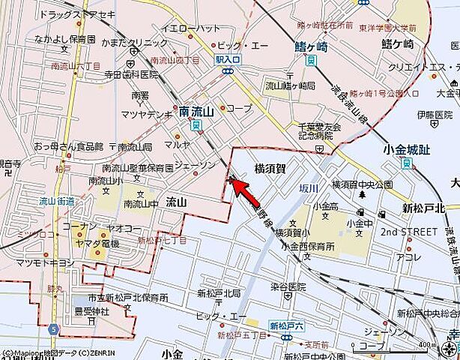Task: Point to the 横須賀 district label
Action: [x=270, y=169]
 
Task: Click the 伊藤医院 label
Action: [x=435, y=115]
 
